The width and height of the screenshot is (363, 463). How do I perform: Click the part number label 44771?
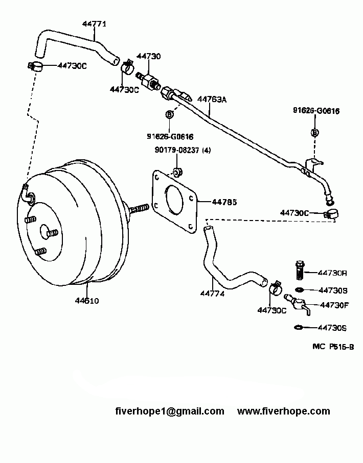tap(95, 23)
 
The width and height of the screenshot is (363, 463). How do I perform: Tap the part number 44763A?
tap(212, 100)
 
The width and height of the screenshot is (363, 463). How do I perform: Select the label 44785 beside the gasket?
tap(224, 202)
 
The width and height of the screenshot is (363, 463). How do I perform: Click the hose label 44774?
tap(212, 294)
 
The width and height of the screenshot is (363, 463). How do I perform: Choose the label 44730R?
tap(333, 273)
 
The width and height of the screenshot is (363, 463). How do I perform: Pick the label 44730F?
tap(334, 305)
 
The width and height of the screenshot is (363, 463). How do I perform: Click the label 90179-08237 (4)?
tap(183, 150)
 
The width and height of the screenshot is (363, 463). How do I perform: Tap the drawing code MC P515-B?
tap(333, 347)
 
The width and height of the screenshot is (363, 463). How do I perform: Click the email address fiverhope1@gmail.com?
tap(169, 411)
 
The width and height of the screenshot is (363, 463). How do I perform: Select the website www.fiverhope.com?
tap(284, 411)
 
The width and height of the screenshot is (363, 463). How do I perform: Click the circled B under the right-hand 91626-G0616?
tap(315, 132)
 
